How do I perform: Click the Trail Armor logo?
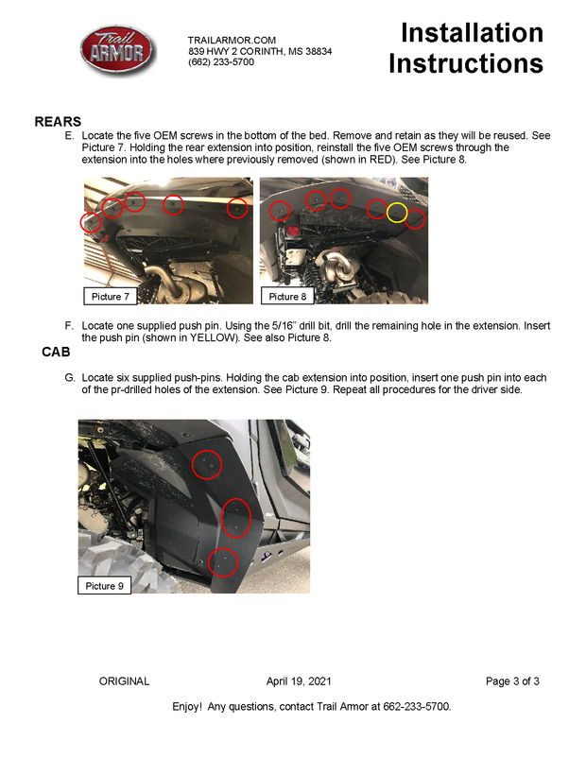[117, 50]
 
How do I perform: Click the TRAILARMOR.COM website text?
[232, 41]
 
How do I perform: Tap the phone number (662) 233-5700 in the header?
[221, 62]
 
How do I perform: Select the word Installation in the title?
[472, 33]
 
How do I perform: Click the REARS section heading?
[58, 122]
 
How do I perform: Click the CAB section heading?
[56, 352]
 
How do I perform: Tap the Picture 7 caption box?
[111, 297]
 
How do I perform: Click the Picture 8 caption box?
[287, 297]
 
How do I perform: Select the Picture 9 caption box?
[104, 586]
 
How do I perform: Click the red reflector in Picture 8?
[292, 231]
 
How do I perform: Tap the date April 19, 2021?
[299, 681]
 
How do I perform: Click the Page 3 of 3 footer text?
[512, 681]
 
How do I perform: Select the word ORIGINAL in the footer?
[124, 681]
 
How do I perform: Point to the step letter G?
[70, 377]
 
